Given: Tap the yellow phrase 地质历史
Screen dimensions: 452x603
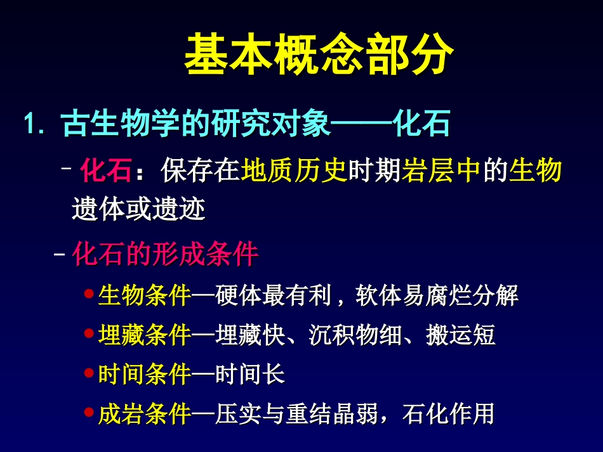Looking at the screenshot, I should [x=294, y=171].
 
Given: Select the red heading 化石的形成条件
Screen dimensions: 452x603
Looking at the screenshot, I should [x=165, y=254].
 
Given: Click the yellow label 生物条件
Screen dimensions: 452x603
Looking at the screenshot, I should [x=145, y=295].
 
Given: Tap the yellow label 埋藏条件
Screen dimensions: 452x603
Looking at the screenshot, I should [x=145, y=335].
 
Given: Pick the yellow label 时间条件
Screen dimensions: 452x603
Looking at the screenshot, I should [x=145, y=375].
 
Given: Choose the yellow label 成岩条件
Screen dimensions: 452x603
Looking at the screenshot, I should [x=145, y=415].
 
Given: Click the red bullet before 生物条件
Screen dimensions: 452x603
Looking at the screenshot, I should [x=89, y=294].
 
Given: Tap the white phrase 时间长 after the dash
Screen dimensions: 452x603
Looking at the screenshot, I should [x=249, y=375].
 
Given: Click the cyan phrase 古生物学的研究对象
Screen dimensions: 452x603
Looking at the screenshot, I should [x=196, y=124].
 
